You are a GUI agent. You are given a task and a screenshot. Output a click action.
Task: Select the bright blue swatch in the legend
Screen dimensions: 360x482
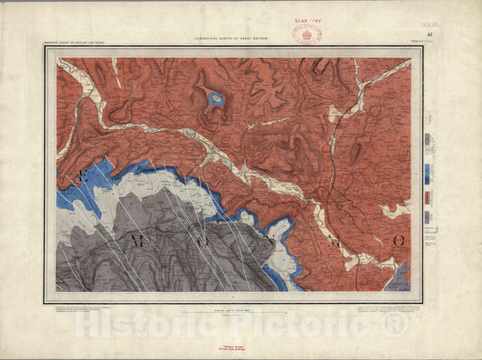click(428, 174)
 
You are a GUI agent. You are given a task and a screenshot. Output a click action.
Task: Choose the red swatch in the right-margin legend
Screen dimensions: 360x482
click(428, 197)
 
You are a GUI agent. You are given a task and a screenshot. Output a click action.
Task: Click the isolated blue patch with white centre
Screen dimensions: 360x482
click(215, 99)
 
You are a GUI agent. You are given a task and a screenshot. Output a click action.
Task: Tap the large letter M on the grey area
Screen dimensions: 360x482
click(137, 240)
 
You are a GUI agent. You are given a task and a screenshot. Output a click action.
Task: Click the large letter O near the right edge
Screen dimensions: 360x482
click(398, 241)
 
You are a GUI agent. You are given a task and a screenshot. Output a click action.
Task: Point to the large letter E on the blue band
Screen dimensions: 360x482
click(82, 176)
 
